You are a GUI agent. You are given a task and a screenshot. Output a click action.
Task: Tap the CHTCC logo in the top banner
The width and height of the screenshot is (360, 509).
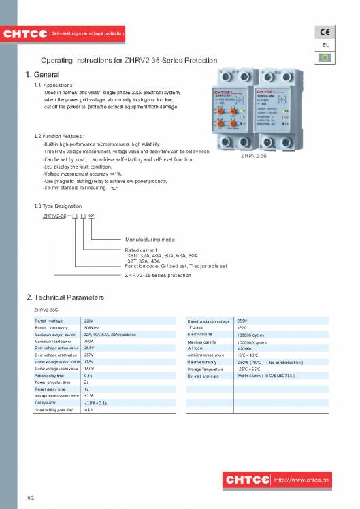[x=25, y=34]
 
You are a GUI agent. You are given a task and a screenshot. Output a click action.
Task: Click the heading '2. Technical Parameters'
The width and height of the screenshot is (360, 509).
[x=65, y=298]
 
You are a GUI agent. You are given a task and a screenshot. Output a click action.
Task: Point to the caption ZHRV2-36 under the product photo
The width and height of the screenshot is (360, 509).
[x=253, y=156]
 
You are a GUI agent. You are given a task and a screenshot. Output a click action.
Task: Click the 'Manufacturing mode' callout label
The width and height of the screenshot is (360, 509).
[x=150, y=240]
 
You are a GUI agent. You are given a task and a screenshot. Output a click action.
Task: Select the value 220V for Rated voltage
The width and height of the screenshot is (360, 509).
[x=88, y=320]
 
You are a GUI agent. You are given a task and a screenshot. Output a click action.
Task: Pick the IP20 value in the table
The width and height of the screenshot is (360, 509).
[x=242, y=327]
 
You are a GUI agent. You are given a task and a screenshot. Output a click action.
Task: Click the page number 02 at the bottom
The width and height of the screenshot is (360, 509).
[x=30, y=499]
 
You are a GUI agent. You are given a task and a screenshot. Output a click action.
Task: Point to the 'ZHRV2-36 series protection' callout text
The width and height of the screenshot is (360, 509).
[x=157, y=276]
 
